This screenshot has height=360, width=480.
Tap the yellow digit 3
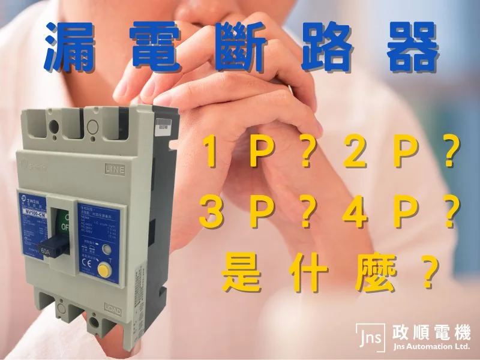[x=209, y=214]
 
